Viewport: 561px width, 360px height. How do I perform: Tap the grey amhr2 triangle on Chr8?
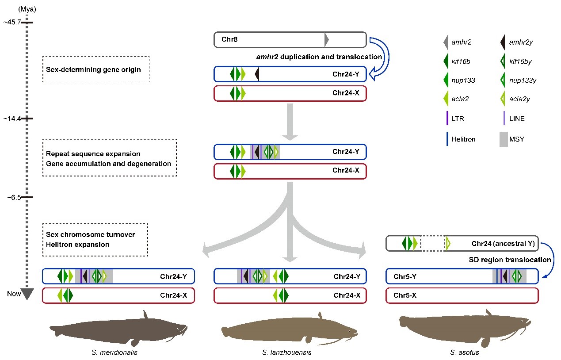[327, 40]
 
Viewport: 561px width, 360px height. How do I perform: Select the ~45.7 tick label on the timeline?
[11, 22]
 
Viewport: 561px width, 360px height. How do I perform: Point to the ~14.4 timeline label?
[11, 119]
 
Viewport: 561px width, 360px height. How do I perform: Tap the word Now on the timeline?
[14, 294]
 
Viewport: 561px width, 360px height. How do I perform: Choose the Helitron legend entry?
[463, 139]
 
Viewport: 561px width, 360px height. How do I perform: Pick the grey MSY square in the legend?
[504, 139]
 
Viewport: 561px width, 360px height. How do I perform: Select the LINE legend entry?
[516, 119]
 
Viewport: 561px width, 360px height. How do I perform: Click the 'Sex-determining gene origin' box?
[96, 69]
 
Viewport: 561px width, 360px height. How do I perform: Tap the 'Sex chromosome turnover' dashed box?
[95, 239]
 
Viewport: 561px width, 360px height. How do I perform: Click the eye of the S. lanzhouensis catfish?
[349, 331]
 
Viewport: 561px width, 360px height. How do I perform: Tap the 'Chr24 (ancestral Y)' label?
[503, 244]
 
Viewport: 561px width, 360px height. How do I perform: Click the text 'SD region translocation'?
[510, 260]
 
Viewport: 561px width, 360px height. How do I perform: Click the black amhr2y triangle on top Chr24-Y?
[257, 75]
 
